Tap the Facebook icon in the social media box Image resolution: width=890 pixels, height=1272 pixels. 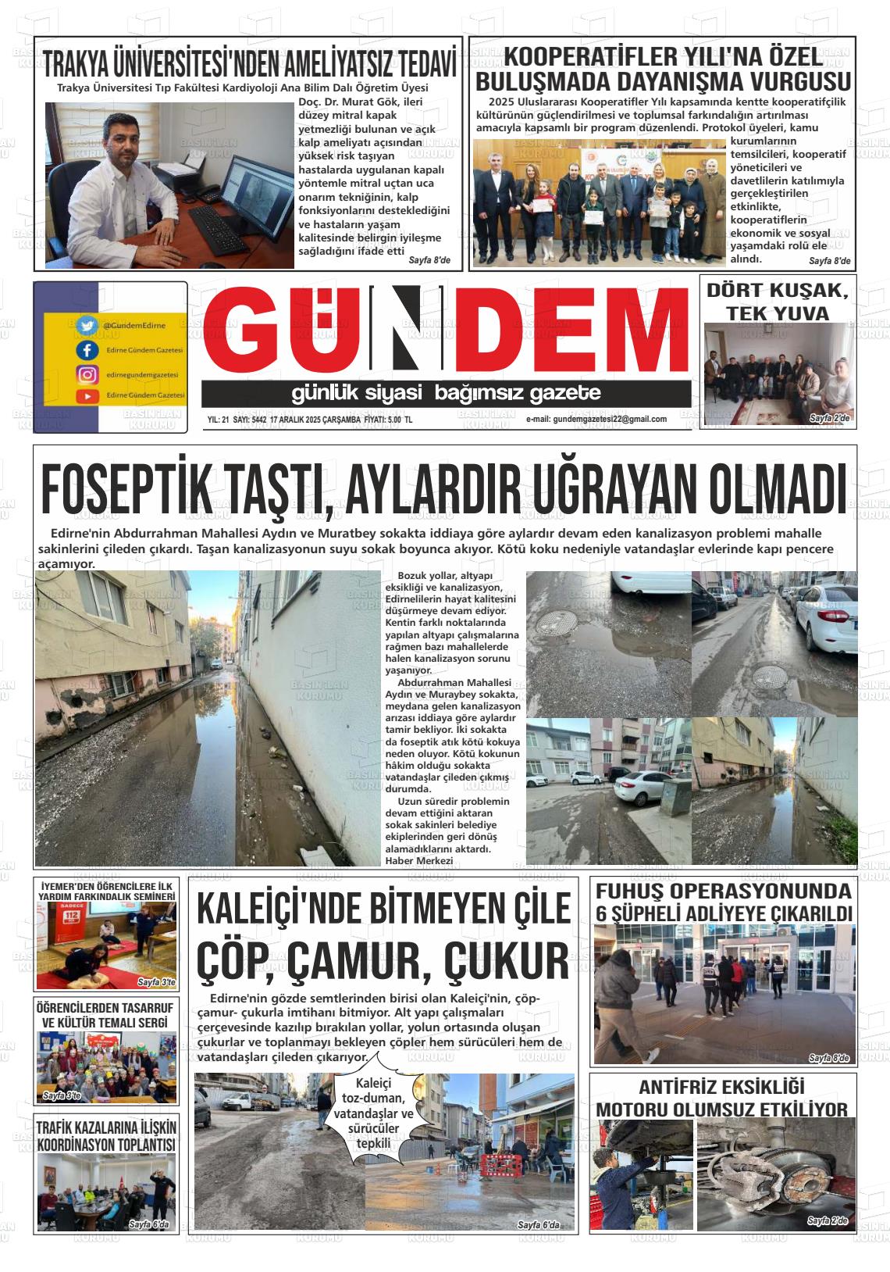[87, 350]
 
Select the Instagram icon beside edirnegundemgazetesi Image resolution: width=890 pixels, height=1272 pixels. [87, 374]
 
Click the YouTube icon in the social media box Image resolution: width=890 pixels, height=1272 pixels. [87, 396]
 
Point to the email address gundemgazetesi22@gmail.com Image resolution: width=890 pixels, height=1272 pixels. [596, 419]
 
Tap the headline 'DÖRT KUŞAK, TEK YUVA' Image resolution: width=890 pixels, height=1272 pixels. [777, 302]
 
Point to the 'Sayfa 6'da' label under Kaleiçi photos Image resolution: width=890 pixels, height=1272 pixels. [539, 1224]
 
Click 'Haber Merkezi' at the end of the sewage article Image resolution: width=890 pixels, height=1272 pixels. [419, 860]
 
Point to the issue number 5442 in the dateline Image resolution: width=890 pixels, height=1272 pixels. [255, 420]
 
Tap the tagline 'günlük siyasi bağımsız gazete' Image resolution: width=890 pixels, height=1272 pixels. [446, 392]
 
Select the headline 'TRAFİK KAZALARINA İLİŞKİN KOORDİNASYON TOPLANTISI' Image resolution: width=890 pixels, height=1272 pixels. [106, 1136]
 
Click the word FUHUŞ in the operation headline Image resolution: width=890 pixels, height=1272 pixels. [629, 891]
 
